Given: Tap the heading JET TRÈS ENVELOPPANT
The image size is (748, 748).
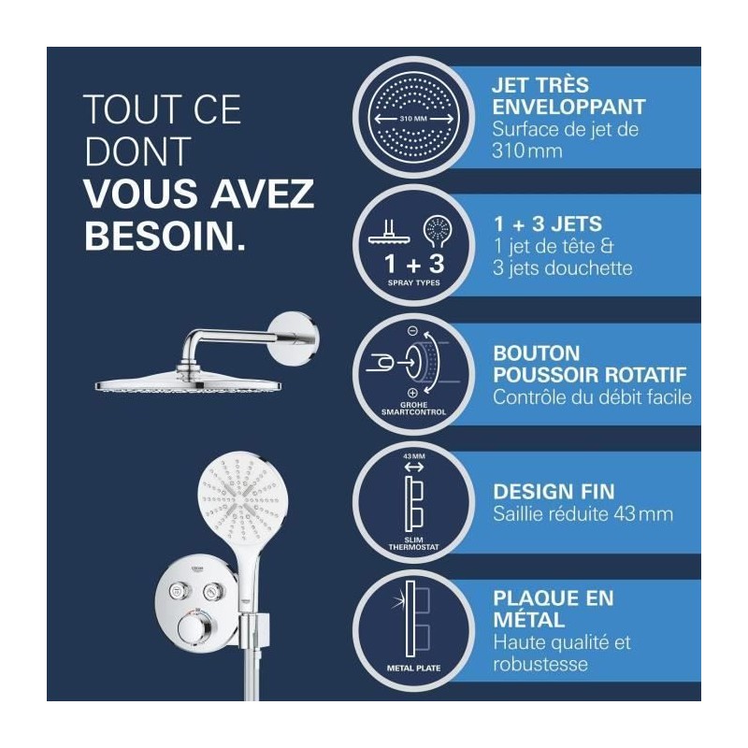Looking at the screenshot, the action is [568, 96].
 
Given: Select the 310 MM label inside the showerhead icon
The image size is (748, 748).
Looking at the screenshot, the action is [413, 119].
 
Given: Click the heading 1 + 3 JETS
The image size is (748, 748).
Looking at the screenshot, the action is [548, 223].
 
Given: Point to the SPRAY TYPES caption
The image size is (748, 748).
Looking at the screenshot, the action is [413, 282].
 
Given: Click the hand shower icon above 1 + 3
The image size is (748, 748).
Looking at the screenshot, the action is [438, 232].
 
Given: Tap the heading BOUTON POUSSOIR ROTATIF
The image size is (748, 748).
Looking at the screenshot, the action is [590, 364].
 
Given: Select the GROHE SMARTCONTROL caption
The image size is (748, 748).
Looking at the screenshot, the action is [413, 409].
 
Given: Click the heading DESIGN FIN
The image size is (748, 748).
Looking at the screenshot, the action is [554, 492].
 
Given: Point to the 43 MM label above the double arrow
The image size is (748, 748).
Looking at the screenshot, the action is [413, 456].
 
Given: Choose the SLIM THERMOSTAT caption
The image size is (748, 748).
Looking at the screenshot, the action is [413, 543].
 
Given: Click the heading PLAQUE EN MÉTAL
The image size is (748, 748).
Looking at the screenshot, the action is [554, 609].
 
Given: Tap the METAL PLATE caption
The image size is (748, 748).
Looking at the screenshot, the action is [413, 669].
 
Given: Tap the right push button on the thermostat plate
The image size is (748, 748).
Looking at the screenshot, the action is [210, 592].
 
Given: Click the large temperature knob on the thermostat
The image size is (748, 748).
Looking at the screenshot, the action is [194, 630].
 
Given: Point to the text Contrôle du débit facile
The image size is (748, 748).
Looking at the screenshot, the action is [592, 396].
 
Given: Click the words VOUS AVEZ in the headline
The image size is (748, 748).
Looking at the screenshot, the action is [199, 194].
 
